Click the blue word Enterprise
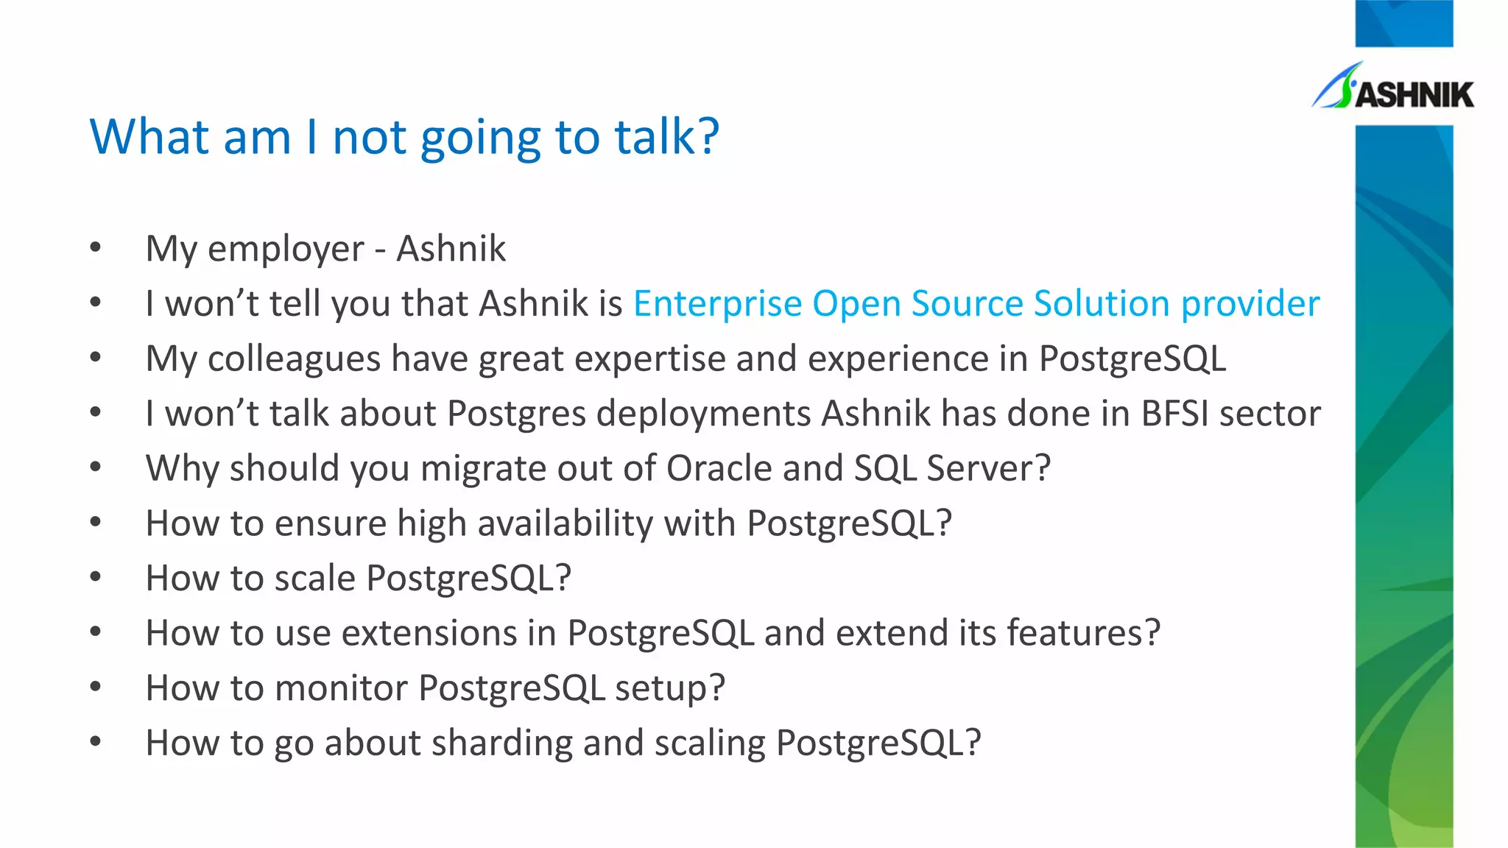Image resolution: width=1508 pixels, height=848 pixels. pos(717,304)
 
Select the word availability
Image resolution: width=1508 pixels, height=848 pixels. pos(565,524)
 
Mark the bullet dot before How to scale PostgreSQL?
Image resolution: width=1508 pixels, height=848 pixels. pos(96,576)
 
